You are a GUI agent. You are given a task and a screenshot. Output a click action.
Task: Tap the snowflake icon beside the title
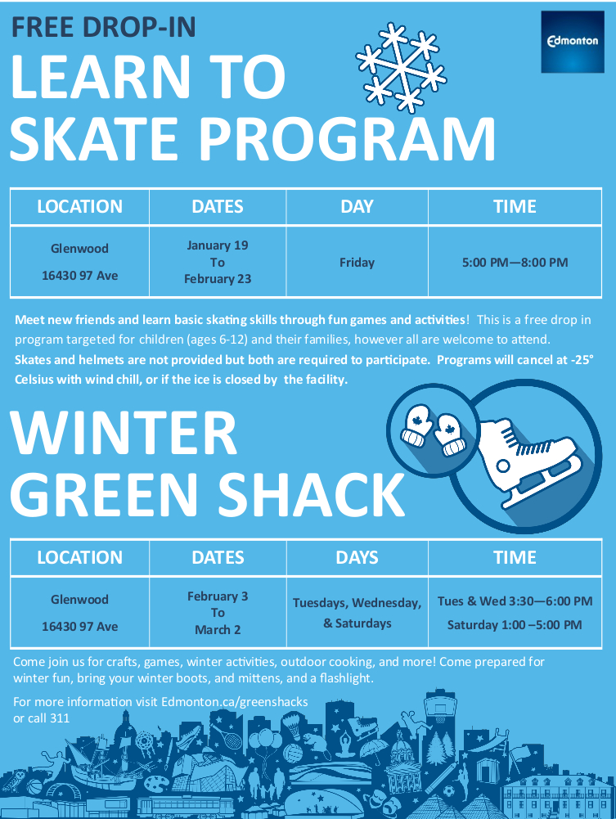coord(400,67)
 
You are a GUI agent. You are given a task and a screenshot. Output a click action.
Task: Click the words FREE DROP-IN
coord(103,28)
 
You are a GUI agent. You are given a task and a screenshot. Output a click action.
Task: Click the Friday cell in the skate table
coord(357,263)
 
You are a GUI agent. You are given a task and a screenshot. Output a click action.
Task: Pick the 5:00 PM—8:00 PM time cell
coord(515,263)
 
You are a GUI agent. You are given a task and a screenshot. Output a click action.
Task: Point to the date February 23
coord(217,279)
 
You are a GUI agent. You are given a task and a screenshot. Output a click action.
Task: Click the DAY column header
coord(357,207)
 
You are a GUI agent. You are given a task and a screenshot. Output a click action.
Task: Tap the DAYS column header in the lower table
coord(357,558)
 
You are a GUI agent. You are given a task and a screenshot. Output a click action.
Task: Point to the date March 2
coord(217,630)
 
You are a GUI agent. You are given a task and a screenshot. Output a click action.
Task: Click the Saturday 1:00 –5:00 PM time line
coord(515,625)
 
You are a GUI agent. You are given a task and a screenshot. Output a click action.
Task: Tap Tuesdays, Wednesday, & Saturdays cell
coord(357,613)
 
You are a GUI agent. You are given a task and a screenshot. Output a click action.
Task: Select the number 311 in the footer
coord(59,718)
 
